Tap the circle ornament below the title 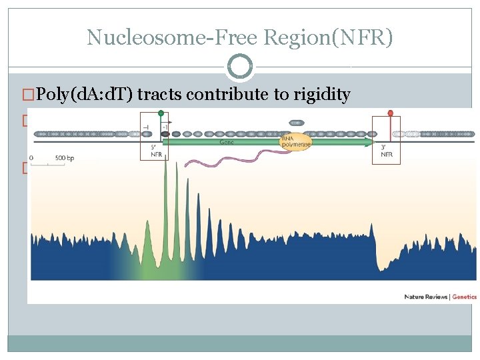(x=240, y=67)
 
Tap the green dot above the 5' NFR (x=161, y=113)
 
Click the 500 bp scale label (x=65, y=158)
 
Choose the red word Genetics (x=464, y=297)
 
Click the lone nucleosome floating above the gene (x=297, y=123)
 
